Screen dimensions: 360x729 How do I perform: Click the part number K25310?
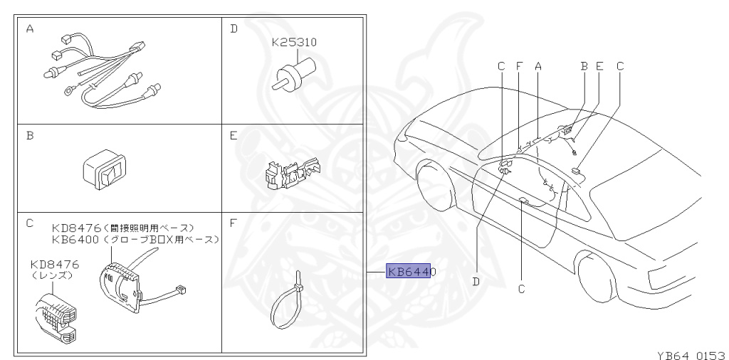[x=294, y=43]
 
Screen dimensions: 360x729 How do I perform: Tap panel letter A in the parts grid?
[x=30, y=29]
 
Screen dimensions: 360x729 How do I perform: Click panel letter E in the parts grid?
[x=233, y=134]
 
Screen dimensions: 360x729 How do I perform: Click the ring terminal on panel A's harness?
[x=69, y=91]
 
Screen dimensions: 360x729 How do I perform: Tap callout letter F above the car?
[x=519, y=66]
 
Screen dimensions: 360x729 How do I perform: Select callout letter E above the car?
[x=599, y=66]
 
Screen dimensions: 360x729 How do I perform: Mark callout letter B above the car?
[x=584, y=66]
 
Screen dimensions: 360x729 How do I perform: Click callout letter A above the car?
[x=538, y=66]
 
